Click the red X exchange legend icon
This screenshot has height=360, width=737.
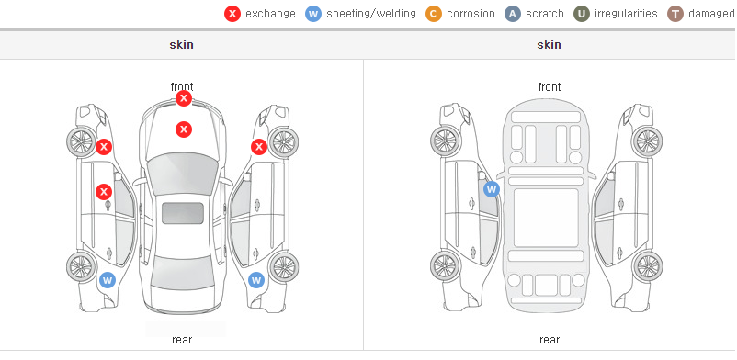coord(232,14)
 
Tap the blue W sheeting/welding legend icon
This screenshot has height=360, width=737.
coord(313,14)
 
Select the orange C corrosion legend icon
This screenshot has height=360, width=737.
coord(434,14)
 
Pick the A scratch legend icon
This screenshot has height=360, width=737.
coord(513,14)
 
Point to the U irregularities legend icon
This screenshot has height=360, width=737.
coord(582,14)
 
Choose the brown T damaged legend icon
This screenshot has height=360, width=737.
coord(675,14)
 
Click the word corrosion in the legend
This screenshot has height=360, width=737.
coord(471,14)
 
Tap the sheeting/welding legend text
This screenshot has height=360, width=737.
coord(371,14)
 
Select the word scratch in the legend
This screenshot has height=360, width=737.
coord(545,14)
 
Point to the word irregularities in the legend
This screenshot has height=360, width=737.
coord(626,14)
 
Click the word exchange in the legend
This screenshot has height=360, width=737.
coord(270,14)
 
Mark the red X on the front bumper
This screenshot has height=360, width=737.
coord(184,98)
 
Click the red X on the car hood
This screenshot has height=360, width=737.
coord(184,129)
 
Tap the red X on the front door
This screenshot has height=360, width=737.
coord(104,192)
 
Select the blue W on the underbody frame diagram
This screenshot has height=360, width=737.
coord(491,189)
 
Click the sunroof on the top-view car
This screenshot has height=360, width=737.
coord(183,213)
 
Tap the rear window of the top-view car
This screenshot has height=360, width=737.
coord(182,276)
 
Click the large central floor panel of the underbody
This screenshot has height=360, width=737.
coord(546,218)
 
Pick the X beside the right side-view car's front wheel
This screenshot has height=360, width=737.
coord(259,147)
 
